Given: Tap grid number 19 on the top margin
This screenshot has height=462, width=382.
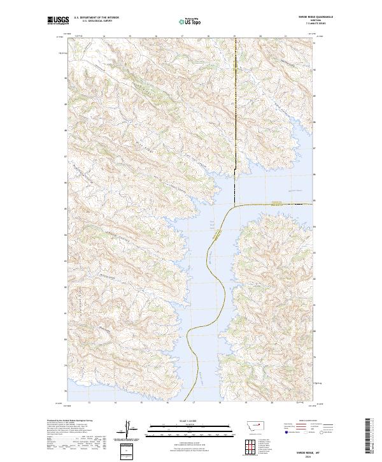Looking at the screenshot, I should pyautogui.click(x=234, y=36).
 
